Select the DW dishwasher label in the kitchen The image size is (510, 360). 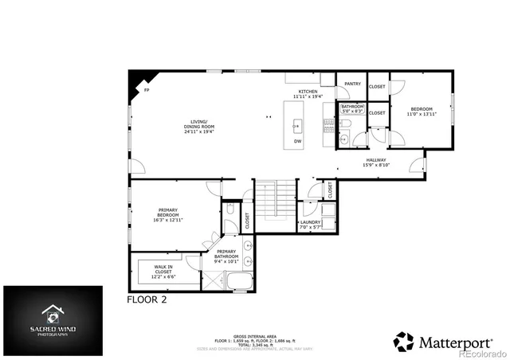[297, 142]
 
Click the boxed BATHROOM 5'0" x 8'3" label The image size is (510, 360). [352, 109]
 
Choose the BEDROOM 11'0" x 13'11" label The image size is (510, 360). [422, 112]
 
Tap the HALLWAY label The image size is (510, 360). [376, 162]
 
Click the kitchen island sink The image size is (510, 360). [297, 125]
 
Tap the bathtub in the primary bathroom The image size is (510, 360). [239, 281]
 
